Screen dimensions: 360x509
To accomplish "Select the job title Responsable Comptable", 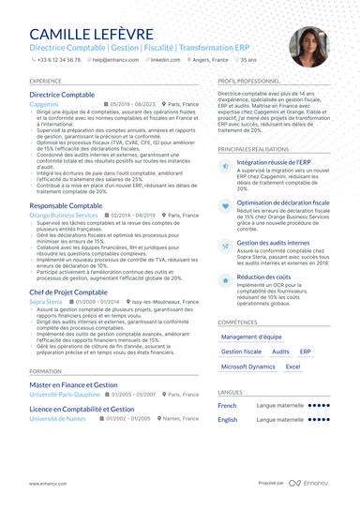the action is coord(67,204).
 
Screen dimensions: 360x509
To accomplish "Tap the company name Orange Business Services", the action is coord(64,214).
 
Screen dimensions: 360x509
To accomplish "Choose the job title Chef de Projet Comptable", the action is coord(69,293).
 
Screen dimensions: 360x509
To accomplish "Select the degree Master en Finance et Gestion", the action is coord(73,384).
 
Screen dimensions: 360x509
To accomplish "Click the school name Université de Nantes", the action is coord(59,417).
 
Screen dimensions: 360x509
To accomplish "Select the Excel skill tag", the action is coord(292,367).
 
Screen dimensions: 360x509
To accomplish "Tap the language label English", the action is coord(227,420).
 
